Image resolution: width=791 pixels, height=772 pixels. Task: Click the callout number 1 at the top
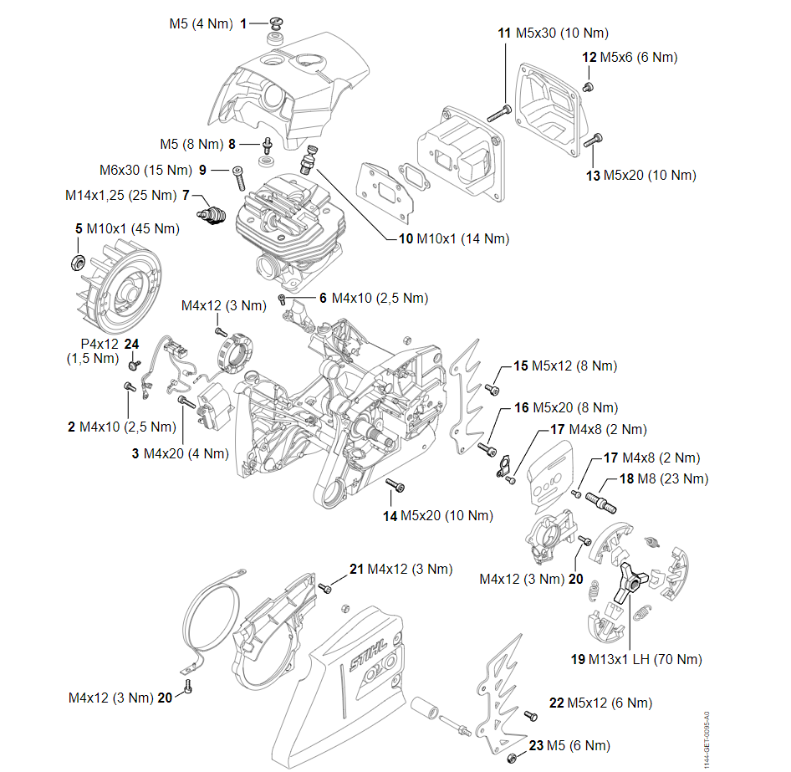[243, 24]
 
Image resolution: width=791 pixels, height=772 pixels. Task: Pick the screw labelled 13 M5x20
[595, 140]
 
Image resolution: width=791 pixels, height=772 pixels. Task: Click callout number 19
[578, 659]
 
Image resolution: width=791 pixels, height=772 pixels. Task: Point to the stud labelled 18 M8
[605, 500]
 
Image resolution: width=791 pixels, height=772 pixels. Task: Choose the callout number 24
[131, 344]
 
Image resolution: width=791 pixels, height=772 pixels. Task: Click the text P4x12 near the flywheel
[99, 344]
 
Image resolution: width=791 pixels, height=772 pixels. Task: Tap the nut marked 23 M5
[511, 757]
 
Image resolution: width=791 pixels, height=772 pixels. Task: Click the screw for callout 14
[393, 484]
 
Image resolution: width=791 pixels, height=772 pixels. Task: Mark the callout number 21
[357, 569]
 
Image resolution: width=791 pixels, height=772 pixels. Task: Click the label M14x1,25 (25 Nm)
[122, 195]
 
